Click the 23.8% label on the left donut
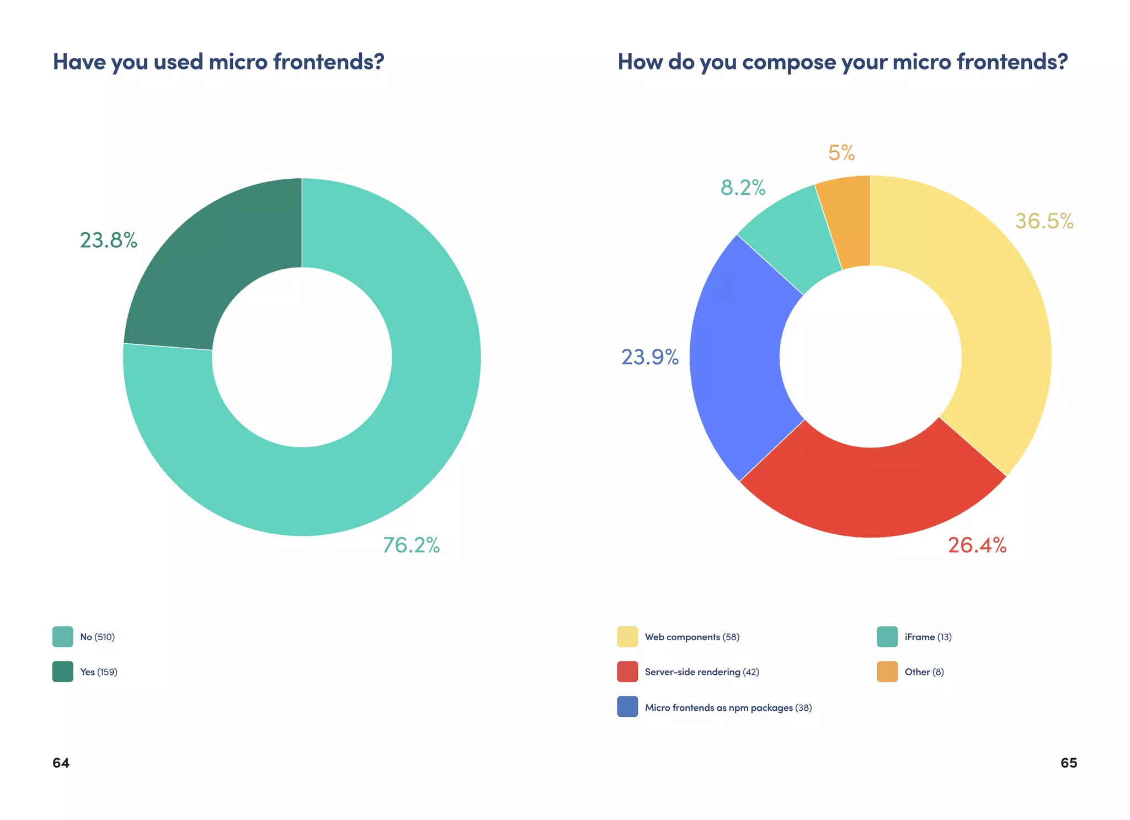[x=108, y=240]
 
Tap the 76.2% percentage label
[x=411, y=545]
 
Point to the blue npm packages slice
[x=737, y=359]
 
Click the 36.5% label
[x=1044, y=221]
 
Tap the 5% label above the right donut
[x=841, y=153]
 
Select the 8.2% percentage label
[x=743, y=188]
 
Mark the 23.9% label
[x=649, y=357]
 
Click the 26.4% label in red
[x=977, y=545]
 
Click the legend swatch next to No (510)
[x=62, y=637]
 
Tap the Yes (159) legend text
[x=99, y=672]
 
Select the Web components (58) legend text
[x=692, y=637]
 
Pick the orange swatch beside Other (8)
[x=887, y=672]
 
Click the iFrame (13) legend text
[x=928, y=637]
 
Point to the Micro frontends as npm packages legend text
[x=728, y=708]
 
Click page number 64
[x=61, y=763]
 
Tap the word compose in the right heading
[x=788, y=62]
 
